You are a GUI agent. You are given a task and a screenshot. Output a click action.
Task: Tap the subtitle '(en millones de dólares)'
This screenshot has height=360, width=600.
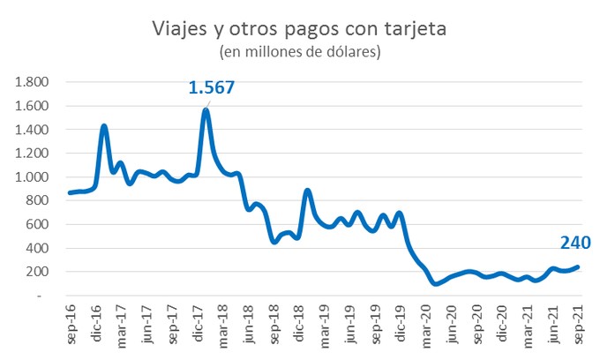[300, 53]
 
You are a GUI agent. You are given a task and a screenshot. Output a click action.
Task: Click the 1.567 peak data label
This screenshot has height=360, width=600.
[212, 88]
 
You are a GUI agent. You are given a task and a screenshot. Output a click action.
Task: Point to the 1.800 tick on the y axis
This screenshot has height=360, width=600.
[32, 82]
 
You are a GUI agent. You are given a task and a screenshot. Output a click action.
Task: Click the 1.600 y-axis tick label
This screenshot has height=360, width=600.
[32, 106]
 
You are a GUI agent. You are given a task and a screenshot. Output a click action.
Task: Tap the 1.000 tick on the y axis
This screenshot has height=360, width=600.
[32, 177]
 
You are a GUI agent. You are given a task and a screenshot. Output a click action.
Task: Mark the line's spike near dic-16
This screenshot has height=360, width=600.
[104, 126]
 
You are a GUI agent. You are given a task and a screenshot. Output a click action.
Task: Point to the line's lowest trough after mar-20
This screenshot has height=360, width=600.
[435, 283]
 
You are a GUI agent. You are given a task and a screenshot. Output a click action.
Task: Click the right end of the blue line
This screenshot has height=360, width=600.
[579, 267]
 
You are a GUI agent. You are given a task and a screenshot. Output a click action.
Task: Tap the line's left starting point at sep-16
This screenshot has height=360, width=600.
[70, 193]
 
